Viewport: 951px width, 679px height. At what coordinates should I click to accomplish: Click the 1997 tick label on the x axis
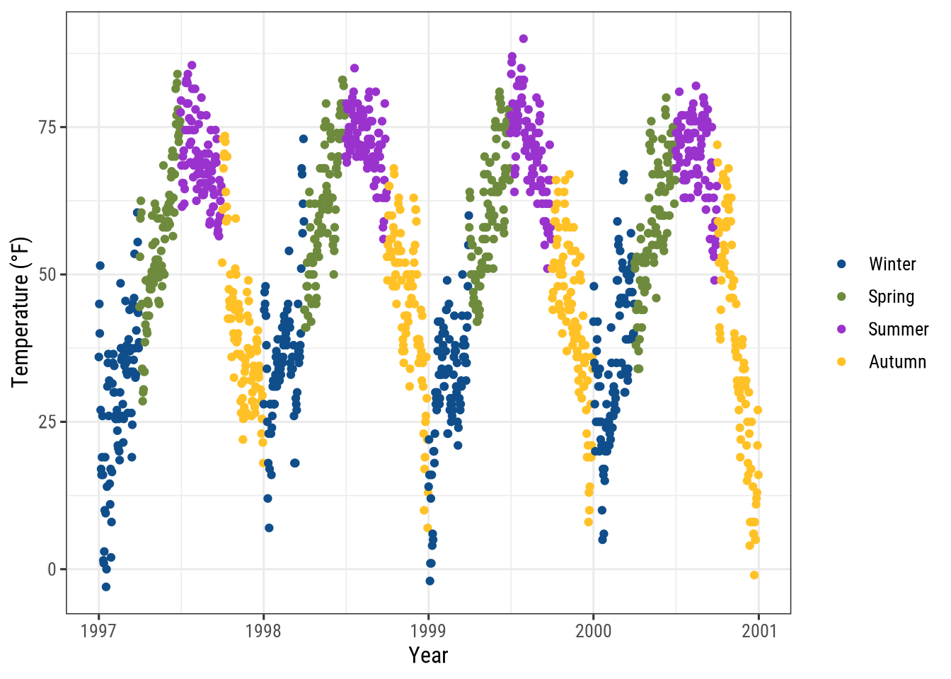coord(98,631)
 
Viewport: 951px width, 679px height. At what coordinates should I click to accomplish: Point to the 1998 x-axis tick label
coord(263,631)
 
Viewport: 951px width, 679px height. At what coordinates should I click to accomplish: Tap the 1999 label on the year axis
coord(428,631)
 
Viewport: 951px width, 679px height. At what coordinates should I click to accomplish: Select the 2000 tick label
coord(593,631)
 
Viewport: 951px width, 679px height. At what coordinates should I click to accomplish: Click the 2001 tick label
coord(759,631)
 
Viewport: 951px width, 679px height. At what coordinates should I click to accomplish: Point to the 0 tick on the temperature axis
coord(52,569)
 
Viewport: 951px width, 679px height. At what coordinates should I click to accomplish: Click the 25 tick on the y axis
coord(48,422)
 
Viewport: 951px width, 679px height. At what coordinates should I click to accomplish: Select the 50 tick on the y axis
coord(48,274)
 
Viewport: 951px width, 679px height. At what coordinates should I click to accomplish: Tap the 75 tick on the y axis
coord(48,127)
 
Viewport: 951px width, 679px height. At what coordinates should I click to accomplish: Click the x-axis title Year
coord(428,656)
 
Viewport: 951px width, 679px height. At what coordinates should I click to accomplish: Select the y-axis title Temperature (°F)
coord(21,312)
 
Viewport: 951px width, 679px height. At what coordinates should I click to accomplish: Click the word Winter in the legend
coord(892,265)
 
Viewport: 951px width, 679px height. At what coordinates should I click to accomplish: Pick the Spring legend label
coord(891,297)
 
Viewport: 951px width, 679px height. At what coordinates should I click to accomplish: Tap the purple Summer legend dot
coord(841,330)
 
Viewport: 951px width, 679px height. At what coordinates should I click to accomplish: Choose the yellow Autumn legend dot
coord(841,362)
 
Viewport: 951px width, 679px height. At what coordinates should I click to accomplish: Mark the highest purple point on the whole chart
coord(523,39)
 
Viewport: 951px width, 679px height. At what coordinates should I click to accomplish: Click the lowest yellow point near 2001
coord(754,575)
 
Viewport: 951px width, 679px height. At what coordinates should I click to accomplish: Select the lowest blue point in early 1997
coord(106,586)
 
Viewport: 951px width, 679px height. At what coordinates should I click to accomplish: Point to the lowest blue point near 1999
coord(430,581)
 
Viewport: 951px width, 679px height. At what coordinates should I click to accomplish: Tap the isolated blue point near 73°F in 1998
coord(304,139)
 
